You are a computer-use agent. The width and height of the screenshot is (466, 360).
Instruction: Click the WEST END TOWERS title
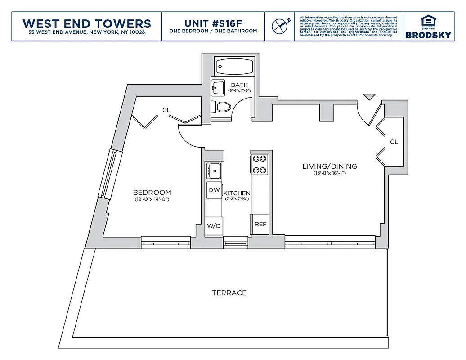click(x=87, y=23)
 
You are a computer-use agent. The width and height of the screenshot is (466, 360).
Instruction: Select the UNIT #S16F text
click(x=213, y=23)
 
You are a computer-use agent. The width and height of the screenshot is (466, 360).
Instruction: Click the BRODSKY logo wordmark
click(x=428, y=35)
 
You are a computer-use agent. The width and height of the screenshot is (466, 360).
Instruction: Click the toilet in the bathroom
click(x=222, y=107)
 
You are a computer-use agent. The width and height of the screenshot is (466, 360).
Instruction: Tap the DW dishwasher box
click(x=214, y=190)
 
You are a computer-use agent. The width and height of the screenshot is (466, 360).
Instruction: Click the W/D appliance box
click(x=214, y=225)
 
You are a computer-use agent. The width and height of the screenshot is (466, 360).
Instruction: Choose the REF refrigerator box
click(x=260, y=224)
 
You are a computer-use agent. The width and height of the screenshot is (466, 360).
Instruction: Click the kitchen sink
click(x=213, y=170)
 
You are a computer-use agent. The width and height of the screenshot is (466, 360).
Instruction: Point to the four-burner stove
click(x=260, y=164)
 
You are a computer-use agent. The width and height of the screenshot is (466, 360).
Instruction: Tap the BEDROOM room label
click(x=152, y=192)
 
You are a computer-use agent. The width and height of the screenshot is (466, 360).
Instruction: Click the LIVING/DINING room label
click(x=330, y=166)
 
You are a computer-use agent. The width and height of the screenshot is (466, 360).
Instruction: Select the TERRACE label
click(x=229, y=293)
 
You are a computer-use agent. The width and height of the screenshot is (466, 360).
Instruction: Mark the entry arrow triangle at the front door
click(x=369, y=96)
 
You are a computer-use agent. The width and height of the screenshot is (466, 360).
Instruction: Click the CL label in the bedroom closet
click(x=166, y=110)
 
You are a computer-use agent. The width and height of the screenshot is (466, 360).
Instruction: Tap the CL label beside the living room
click(x=394, y=142)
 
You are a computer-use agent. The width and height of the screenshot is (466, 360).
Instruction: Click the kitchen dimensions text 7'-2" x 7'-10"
click(x=237, y=199)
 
